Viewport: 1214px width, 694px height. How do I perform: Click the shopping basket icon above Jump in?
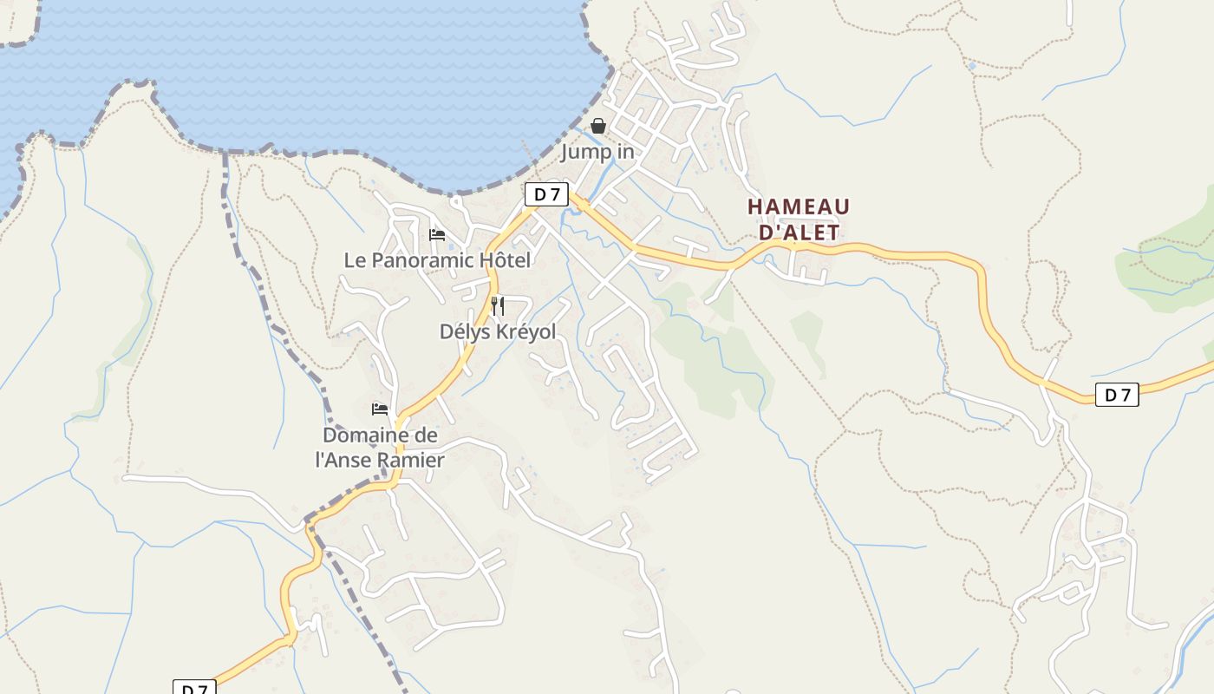[597, 127]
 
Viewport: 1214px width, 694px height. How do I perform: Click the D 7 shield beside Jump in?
[546, 194]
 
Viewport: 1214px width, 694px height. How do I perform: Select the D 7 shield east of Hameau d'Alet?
[1116, 395]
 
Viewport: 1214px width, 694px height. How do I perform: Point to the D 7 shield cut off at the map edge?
[194, 688]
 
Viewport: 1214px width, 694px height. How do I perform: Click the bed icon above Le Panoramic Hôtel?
[437, 235]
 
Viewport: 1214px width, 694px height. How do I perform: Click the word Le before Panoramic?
[356, 259]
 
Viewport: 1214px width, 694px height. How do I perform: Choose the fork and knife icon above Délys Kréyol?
[498, 305]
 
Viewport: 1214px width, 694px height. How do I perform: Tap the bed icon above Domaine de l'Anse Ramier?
[380, 409]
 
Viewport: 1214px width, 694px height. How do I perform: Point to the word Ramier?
[414, 461]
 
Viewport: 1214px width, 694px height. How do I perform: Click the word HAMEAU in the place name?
[799, 206]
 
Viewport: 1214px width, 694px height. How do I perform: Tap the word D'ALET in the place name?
[800, 232]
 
